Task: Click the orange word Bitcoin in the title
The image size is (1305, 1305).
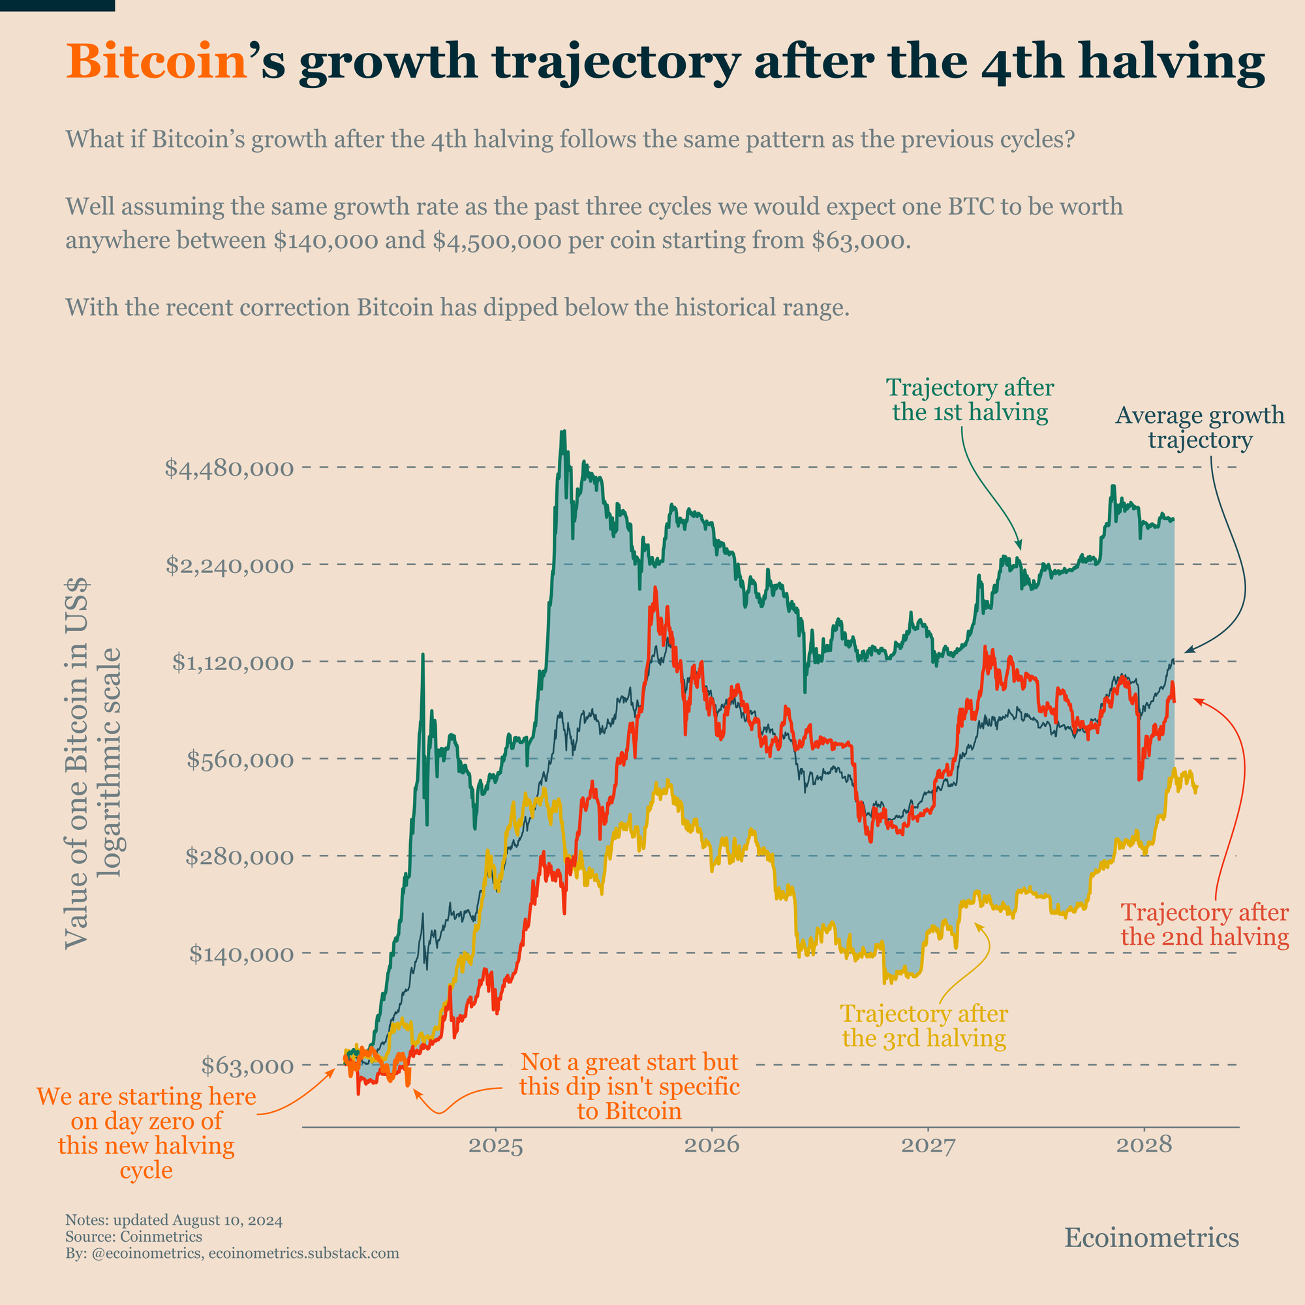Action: coord(156,61)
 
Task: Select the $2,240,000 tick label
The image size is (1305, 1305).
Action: coord(230,564)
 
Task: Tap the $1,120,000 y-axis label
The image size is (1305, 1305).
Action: coord(232,663)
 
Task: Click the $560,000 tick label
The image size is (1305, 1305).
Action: coord(239,760)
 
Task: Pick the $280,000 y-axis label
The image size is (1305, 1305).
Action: coord(239,857)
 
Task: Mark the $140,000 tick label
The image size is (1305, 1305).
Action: coord(241,954)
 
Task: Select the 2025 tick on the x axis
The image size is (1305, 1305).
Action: coord(496,1146)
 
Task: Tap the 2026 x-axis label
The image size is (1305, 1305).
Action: coord(712,1146)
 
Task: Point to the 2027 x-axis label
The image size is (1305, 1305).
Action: coord(928,1146)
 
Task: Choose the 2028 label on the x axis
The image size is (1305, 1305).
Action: coord(1144,1146)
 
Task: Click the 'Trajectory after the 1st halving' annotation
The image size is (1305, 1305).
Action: coord(970,400)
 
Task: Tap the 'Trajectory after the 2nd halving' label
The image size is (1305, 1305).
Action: coord(1205,925)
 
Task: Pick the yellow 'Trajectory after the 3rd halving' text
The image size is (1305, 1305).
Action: coord(924,1025)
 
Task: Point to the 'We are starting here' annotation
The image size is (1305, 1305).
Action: coord(147,1133)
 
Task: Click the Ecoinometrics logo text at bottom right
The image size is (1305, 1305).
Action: coord(1151,1237)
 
